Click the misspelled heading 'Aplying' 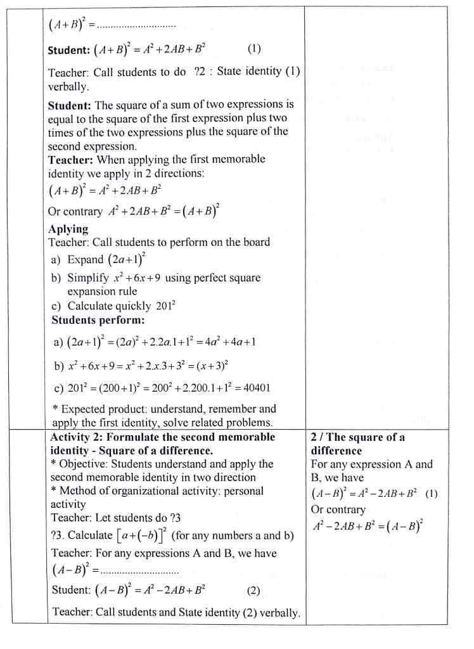(x=68, y=229)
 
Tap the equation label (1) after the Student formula (x=253, y=49)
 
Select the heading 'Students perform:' (x=98, y=320)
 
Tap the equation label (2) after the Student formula (x=253, y=591)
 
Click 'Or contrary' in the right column (x=338, y=510)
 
